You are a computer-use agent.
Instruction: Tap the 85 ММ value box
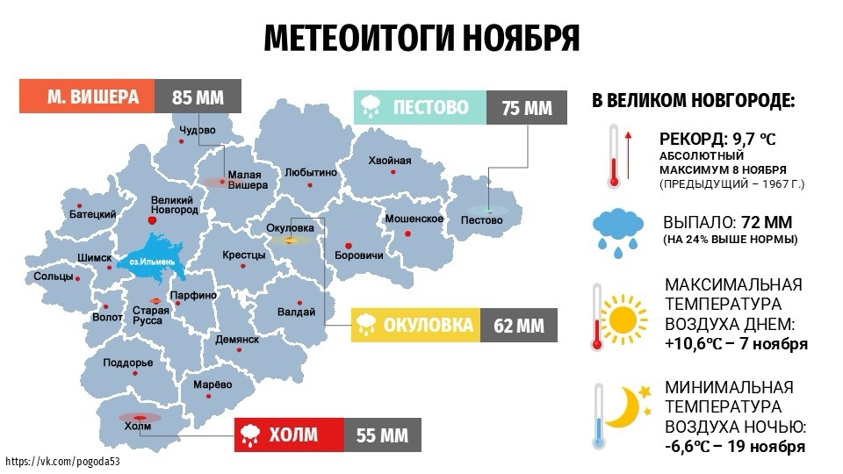[198, 97]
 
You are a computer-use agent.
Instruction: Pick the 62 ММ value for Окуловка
[518, 326]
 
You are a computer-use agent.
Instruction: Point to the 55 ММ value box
[381, 434]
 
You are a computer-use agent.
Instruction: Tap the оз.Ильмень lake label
[152, 261]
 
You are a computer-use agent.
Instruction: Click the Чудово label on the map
[197, 131]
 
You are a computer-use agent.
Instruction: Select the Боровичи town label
[359, 255]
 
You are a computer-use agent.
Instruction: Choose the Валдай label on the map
[296, 312]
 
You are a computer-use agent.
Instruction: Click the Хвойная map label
[389, 161]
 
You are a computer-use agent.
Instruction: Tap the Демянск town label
[237, 339]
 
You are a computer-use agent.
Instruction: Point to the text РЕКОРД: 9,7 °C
[717, 139]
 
